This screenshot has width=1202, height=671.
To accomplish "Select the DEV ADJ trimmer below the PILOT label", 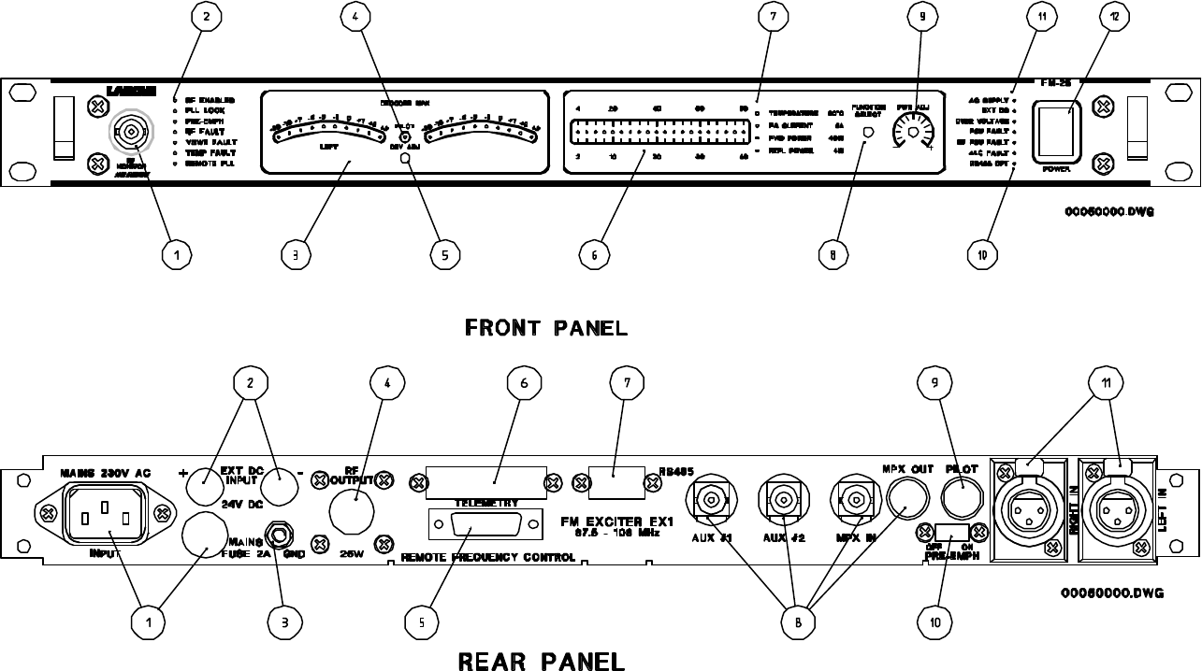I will coord(405,159).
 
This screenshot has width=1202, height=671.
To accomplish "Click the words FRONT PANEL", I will coord(545,328).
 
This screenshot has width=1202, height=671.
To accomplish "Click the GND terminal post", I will coord(278,535).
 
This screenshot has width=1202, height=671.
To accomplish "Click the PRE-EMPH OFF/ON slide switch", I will coord(951,533).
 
